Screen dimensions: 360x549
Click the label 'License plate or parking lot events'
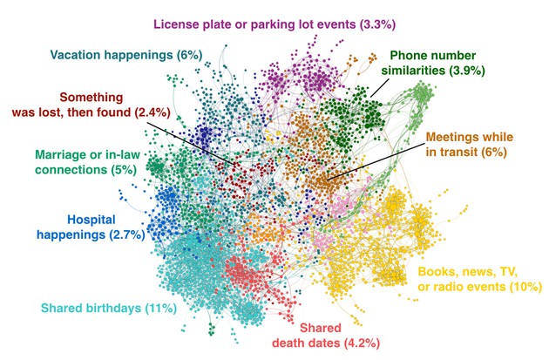(x=268, y=24)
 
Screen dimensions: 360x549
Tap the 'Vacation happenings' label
(x=126, y=55)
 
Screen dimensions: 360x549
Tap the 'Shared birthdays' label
(x=109, y=307)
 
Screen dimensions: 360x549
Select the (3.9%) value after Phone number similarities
(x=468, y=70)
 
